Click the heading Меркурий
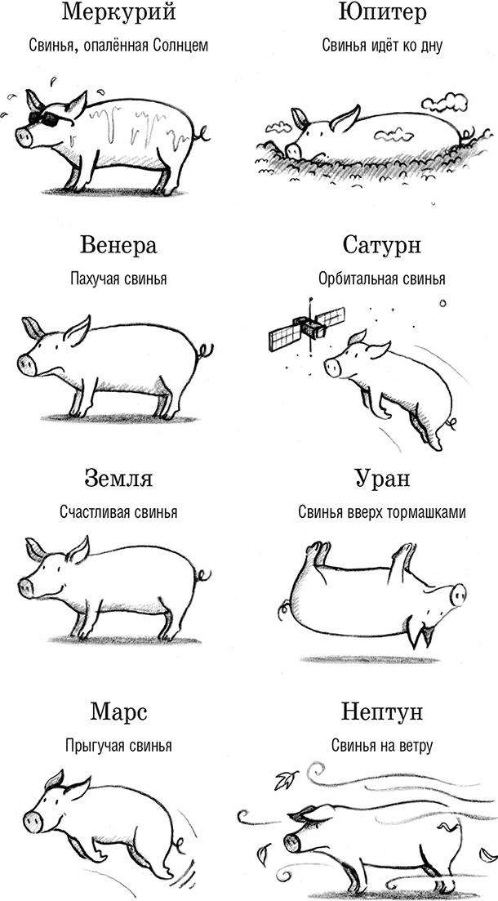click(118, 13)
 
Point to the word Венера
click(118, 245)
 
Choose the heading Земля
click(118, 478)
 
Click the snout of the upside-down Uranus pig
click(458, 594)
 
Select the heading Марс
click(118, 711)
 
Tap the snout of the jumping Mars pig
click(32, 821)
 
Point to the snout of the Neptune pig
click(291, 841)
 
